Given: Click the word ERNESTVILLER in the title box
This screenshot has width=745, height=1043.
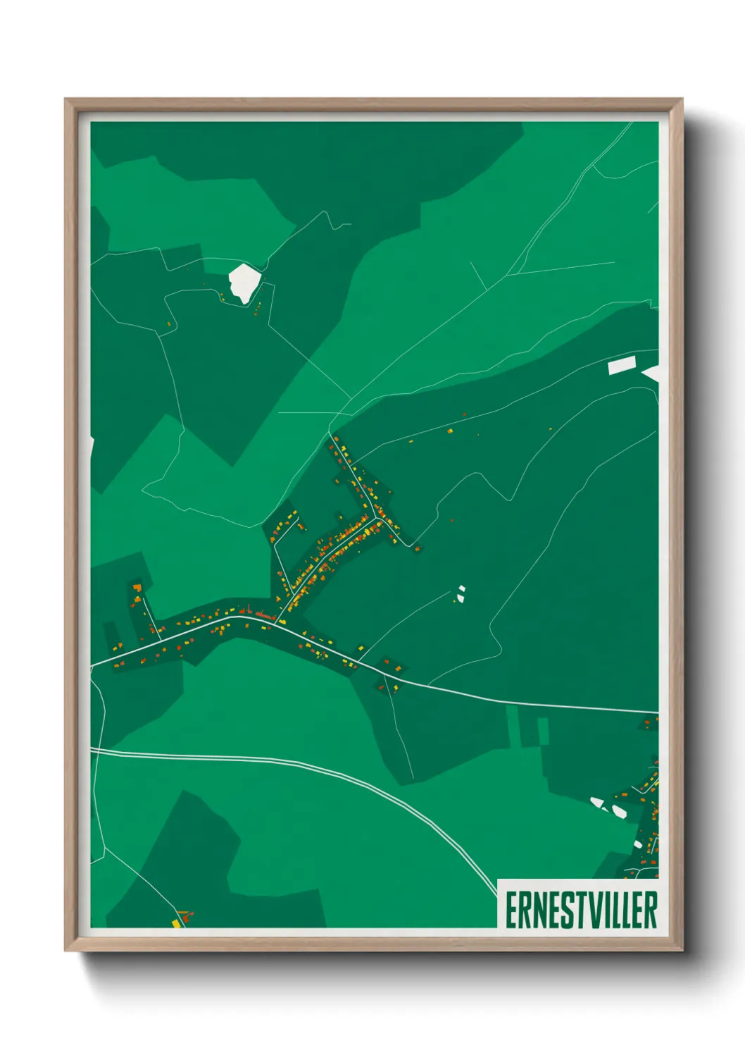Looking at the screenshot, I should (581, 910).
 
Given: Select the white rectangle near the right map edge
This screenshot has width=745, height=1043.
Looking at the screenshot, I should (622, 365).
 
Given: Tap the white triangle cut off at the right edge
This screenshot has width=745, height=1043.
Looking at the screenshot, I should (652, 374).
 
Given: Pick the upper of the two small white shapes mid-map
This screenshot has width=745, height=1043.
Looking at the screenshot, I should (461, 588).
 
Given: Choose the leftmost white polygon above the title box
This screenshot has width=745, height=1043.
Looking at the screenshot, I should (597, 802).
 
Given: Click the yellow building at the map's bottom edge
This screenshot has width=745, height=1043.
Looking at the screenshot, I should (177, 922).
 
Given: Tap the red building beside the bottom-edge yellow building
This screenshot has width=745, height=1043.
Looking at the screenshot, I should (185, 916).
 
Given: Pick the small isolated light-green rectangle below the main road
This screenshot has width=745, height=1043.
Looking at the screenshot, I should (543, 731).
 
